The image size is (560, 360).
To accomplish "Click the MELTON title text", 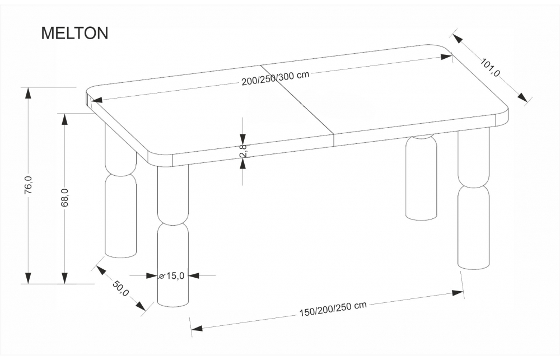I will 74,33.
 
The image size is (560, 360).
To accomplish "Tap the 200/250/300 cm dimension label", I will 276,78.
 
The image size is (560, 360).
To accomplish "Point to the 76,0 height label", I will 29,185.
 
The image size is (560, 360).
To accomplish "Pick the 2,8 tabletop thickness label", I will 243,151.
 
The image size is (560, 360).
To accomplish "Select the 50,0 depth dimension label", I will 120,289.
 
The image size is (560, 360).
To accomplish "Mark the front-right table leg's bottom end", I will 474,267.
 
